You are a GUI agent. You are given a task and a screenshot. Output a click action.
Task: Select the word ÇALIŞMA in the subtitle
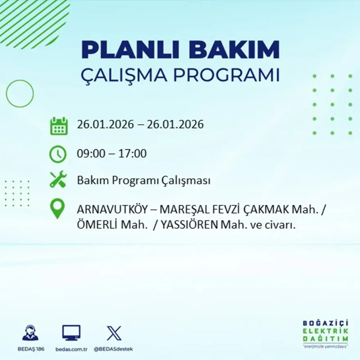click(x=123, y=75)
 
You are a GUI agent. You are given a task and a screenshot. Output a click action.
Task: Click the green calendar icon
click(x=59, y=126)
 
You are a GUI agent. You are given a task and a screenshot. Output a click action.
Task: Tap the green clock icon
click(x=58, y=154)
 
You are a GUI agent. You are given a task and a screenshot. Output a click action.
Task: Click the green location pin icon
click(x=57, y=209)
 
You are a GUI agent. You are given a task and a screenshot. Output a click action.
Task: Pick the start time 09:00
click(x=91, y=154)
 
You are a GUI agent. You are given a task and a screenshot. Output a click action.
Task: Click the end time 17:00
click(x=132, y=154)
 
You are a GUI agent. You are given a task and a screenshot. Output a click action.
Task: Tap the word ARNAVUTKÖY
click(x=112, y=210)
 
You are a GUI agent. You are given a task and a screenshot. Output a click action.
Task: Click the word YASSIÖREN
click(x=189, y=225)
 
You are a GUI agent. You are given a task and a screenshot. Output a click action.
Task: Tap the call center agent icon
click(x=31, y=333)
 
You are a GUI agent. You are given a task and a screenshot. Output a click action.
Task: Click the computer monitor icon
click(x=71, y=333)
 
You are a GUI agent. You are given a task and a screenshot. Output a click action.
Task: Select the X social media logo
click(x=114, y=333)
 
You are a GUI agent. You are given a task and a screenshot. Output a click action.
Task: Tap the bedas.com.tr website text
click(x=71, y=349)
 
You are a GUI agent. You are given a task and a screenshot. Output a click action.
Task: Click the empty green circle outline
click(x=20, y=93)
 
